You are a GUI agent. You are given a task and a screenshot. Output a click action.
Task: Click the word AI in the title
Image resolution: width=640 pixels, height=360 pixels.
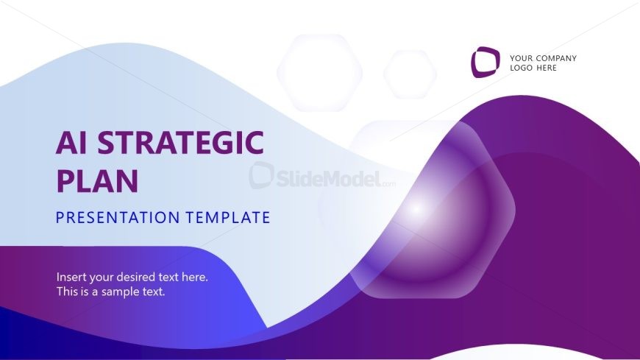tap(72, 142)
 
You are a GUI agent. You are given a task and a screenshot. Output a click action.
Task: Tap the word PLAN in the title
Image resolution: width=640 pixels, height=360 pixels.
tap(97, 180)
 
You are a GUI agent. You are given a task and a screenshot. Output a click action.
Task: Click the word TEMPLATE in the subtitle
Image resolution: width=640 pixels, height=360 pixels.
tap(227, 218)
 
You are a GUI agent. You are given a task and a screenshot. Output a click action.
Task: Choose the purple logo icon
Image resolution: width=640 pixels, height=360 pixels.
tap(485, 63)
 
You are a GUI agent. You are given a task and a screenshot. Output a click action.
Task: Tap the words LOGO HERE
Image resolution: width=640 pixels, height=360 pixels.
tap(533, 68)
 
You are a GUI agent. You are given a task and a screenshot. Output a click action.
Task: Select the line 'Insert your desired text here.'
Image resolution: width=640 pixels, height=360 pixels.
tap(132, 278)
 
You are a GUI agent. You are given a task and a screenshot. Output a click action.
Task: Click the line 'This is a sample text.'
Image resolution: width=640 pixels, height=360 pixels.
tap(111, 292)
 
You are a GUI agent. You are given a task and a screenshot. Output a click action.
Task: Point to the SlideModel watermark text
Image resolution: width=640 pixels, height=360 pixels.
tap(327, 177)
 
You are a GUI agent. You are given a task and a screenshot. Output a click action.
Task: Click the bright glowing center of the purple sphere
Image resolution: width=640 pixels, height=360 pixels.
tap(417, 208)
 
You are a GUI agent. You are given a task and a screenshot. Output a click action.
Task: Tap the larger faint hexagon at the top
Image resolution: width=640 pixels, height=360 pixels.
tap(319, 72)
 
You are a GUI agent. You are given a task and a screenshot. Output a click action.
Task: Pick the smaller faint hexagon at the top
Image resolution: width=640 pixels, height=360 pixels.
tap(410, 74)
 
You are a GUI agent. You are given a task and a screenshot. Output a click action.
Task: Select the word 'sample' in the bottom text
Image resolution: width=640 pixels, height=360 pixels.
tap(124, 292)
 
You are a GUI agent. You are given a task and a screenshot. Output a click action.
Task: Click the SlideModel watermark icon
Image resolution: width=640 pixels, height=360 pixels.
tap(261, 176)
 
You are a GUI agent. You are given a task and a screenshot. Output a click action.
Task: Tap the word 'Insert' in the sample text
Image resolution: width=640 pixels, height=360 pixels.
tap(71, 278)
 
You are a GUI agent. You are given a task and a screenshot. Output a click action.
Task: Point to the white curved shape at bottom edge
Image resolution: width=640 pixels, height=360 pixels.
tap(515, 353)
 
